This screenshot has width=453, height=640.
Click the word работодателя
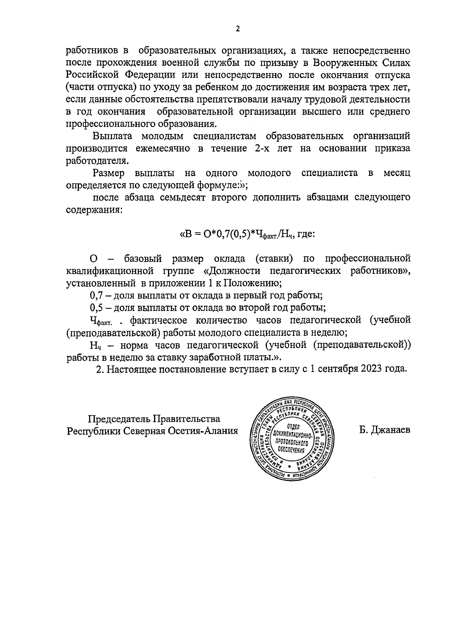tap(97, 161)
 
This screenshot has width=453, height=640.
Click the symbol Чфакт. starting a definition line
tap(103, 321)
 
